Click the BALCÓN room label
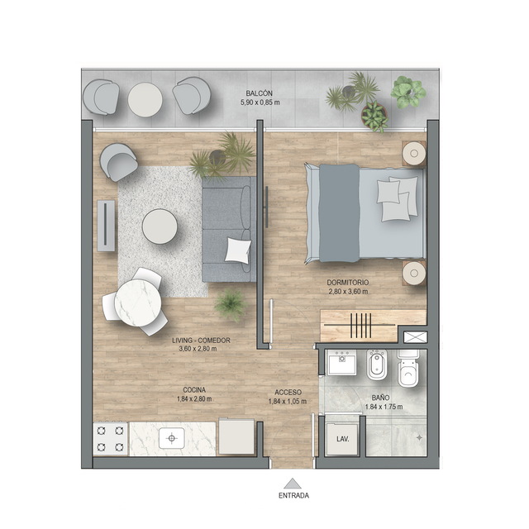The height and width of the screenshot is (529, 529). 259,93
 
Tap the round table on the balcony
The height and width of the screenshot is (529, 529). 145,100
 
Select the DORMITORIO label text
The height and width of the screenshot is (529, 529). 348,283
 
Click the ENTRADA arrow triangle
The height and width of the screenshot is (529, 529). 293,484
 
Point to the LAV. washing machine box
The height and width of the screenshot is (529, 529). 342,439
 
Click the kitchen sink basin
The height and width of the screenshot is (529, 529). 172,438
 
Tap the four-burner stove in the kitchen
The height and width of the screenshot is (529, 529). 110,439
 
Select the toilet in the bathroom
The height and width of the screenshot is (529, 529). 408,369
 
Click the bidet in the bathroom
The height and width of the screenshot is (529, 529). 377,365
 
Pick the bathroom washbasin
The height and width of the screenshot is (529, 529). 342,362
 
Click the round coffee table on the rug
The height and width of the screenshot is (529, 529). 160,226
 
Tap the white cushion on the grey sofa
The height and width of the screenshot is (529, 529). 238,250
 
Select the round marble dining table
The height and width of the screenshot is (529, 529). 138,303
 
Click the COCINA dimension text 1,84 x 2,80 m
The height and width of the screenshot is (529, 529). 194,398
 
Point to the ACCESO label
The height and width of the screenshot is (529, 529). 288,393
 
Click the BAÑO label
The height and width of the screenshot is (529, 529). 380,398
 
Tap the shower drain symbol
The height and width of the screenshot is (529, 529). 419,437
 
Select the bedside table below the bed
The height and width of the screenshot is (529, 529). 414,273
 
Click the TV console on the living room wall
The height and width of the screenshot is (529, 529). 106,226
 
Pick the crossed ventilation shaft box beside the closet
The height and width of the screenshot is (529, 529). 415,337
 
